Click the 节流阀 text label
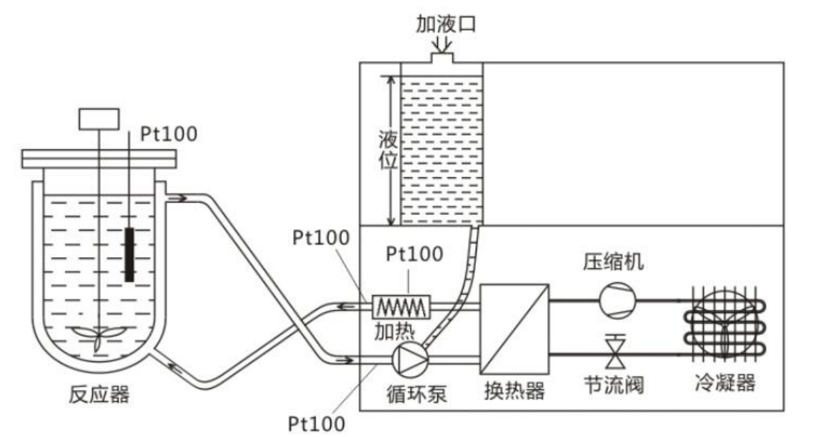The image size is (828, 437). (614, 386)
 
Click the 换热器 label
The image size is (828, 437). (514, 391)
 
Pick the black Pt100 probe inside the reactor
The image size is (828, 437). (129, 253)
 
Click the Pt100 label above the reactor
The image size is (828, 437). (168, 133)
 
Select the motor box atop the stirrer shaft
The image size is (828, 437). (99, 119)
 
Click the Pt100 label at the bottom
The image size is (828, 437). (317, 423)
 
